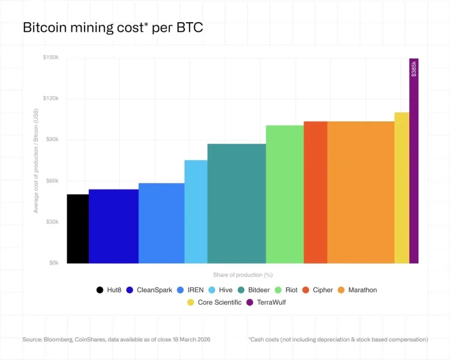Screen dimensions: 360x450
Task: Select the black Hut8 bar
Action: click(77, 229)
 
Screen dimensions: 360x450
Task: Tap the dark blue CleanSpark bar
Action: click(113, 226)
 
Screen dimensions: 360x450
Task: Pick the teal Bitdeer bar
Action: click(236, 203)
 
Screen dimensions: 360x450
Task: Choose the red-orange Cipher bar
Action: click(315, 192)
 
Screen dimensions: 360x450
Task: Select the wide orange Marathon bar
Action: click(361, 192)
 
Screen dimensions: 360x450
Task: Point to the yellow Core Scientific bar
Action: click(401, 188)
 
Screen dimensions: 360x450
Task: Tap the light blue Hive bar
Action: click(196, 211)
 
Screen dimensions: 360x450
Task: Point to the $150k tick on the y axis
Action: click(50, 58)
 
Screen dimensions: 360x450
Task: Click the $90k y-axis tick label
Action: click(52, 140)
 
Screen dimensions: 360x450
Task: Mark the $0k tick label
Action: click(53, 263)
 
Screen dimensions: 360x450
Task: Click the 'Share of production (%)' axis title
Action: click(242, 275)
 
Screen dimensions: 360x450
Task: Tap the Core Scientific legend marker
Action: click(190, 302)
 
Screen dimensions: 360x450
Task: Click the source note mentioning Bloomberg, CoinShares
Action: click(116, 340)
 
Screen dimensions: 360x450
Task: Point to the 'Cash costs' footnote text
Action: click(338, 340)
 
